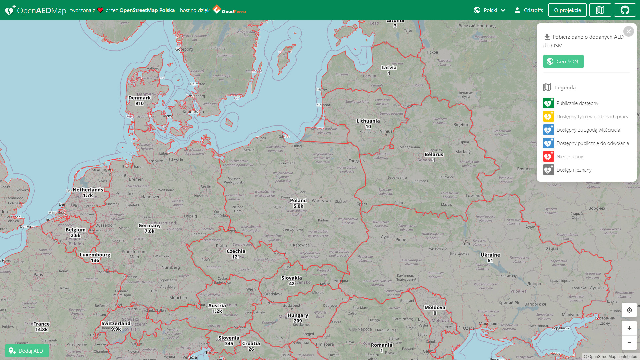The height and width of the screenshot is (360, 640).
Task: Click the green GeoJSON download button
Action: [x=563, y=61]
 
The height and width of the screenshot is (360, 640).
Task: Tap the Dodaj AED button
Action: [x=27, y=351]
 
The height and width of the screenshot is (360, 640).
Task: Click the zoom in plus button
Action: [x=629, y=328]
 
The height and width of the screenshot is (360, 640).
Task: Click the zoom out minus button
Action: [x=629, y=343]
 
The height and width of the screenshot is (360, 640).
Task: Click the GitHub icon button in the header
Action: [x=624, y=10]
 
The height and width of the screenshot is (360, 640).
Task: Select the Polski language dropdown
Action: [x=489, y=10]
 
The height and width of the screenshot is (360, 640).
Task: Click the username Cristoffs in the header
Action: [x=533, y=10]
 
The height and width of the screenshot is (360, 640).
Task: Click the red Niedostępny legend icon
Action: [x=548, y=156]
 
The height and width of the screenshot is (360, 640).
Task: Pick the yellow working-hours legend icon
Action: [x=548, y=116]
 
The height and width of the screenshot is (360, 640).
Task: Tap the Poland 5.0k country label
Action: [x=298, y=203]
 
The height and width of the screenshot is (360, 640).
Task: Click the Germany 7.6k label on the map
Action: [x=149, y=228]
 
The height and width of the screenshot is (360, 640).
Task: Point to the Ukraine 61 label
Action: [x=490, y=258]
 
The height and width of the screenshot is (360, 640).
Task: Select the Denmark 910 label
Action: [x=139, y=100]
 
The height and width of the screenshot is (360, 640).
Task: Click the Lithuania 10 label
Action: [x=368, y=124]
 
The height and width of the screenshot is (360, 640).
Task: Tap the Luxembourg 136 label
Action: [x=95, y=257]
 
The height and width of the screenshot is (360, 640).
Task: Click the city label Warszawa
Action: [x=321, y=201]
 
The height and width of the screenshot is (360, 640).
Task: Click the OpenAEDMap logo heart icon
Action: [x=10, y=10]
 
